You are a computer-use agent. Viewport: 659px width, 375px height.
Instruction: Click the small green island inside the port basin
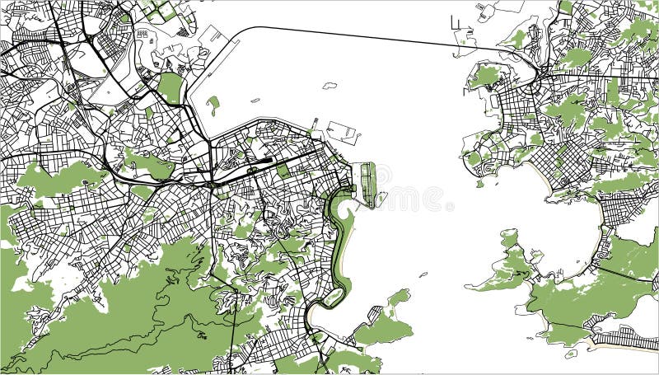coord(214,105)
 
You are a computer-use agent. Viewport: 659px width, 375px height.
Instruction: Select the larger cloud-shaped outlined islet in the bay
coord(343,131)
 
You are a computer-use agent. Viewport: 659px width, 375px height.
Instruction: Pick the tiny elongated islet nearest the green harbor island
coord(329,85)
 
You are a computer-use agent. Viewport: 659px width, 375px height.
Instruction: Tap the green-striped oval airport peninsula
coord(368,183)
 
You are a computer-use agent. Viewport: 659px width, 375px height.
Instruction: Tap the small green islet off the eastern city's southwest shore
coord(479,184)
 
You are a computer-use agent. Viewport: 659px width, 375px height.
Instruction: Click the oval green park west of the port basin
coord(170,87)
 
